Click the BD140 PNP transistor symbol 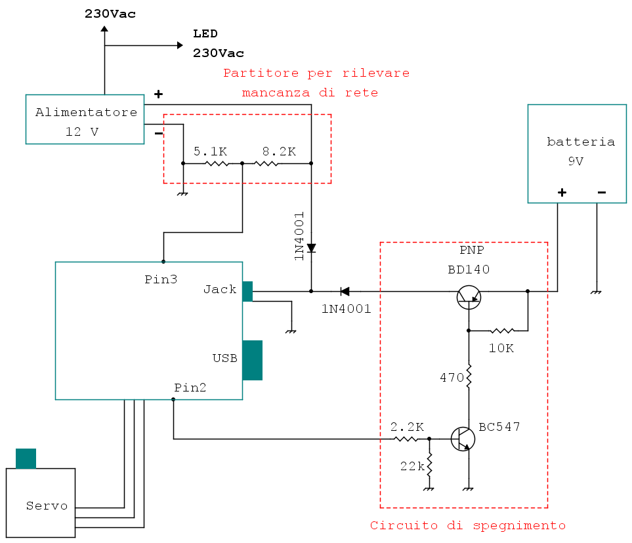coord(469,297)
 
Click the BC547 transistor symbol coord(463,439)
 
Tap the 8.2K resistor coord(266,163)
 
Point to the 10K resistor coord(502,331)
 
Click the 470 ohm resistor coord(469,377)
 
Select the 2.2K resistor coord(406,439)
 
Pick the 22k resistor coord(429,466)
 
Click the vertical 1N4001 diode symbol coord(311,249)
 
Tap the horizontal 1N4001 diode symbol coord(344,291)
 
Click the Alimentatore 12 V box coord(85,119)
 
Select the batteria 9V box coord(578,153)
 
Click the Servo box coord(41,503)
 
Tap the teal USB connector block coord(252,360)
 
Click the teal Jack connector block coord(247,291)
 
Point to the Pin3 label coord(161,279)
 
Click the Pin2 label coord(190,388)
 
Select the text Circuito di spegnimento coord(467,525)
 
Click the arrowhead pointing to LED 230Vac coord(179,45)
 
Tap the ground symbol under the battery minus coord(596,291)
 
